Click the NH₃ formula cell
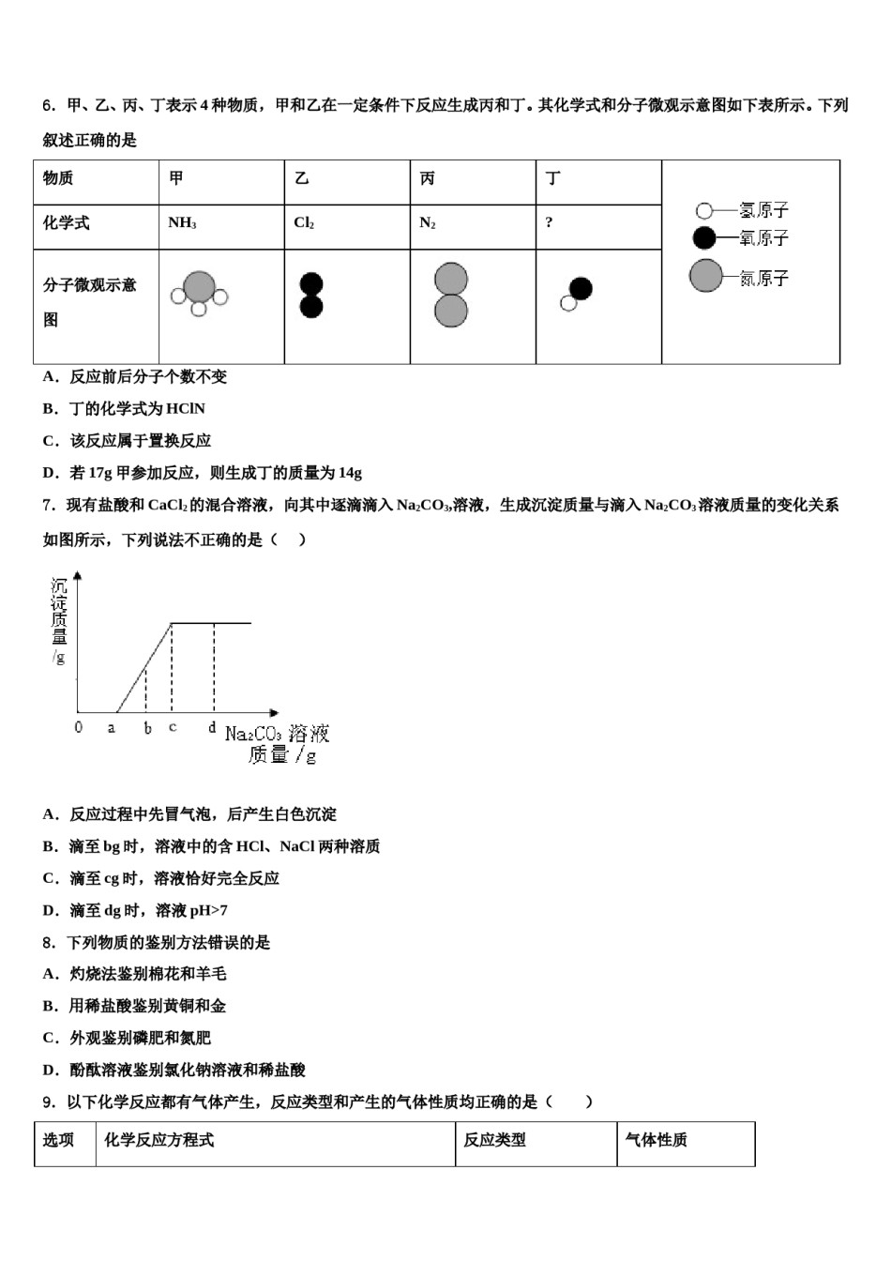point(182,223)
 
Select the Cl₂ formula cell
point(304,223)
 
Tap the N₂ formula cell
point(428,223)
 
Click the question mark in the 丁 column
point(550,223)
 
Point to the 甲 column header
point(176,178)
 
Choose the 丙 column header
point(428,178)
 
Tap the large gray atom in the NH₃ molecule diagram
point(199,287)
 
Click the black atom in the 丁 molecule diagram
point(581,288)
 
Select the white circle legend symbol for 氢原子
point(703,211)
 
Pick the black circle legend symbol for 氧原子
point(703,237)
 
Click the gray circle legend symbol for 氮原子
point(705,276)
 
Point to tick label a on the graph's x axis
point(112,728)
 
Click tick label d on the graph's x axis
point(213,727)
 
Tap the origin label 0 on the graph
point(79,728)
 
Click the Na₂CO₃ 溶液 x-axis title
point(277,734)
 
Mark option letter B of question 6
point(50,409)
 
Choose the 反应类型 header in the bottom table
point(494,1140)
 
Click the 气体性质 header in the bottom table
point(656,1140)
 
